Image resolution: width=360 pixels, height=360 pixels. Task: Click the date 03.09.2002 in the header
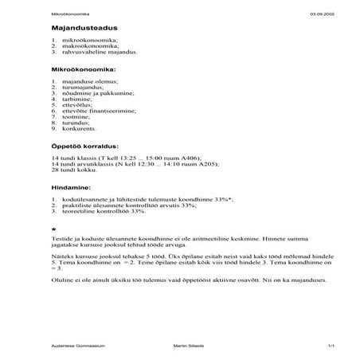tap(322, 14)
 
